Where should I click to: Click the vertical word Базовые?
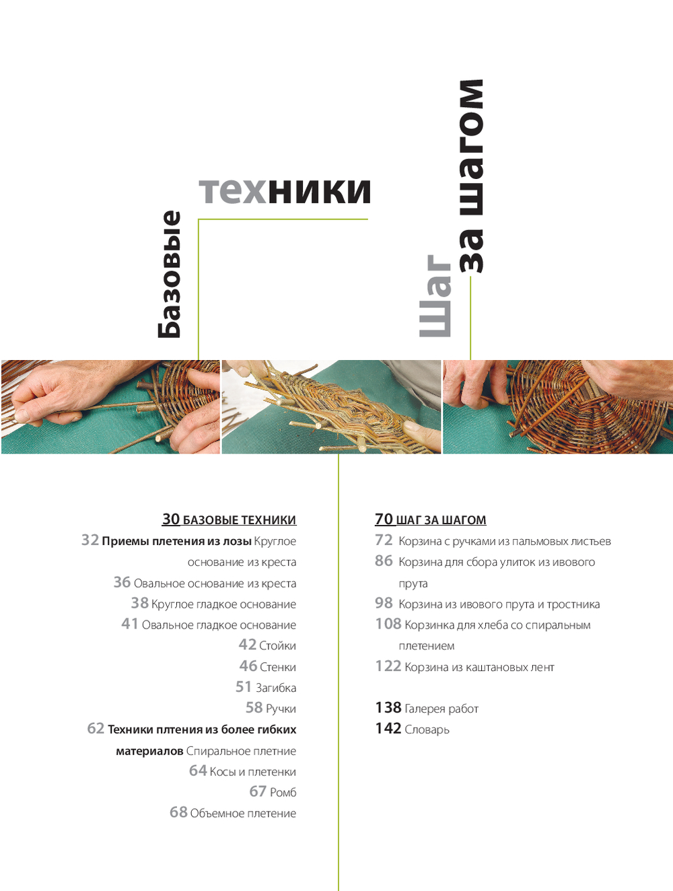click(169, 275)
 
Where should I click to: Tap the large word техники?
click(285, 190)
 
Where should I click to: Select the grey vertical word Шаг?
click(435, 296)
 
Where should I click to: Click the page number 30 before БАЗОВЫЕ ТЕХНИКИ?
click(171, 519)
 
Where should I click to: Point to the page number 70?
click(384, 519)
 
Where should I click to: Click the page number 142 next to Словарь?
click(388, 729)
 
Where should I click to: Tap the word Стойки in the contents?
click(277, 646)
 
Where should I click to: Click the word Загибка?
click(276, 688)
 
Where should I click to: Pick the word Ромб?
click(283, 792)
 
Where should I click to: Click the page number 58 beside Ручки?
click(254, 707)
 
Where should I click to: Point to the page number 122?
click(388, 666)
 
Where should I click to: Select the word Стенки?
click(278, 667)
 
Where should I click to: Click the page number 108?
click(388, 624)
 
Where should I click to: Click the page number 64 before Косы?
click(198, 771)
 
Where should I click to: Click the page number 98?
click(384, 603)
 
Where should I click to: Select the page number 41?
click(129, 624)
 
